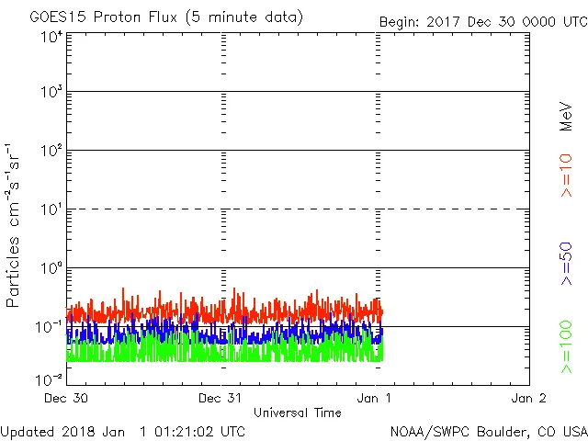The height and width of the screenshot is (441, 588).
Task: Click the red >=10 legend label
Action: click(567, 175)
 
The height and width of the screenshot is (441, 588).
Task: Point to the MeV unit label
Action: click(567, 117)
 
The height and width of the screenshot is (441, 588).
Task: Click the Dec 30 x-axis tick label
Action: click(67, 399)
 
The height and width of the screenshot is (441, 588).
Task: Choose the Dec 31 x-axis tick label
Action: click(221, 399)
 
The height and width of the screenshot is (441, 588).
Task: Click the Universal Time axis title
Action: click(298, 413)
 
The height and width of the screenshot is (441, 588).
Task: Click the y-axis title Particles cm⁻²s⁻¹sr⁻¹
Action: click(15, 225)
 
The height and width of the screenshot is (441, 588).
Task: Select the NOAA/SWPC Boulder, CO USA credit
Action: click(488, 430)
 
